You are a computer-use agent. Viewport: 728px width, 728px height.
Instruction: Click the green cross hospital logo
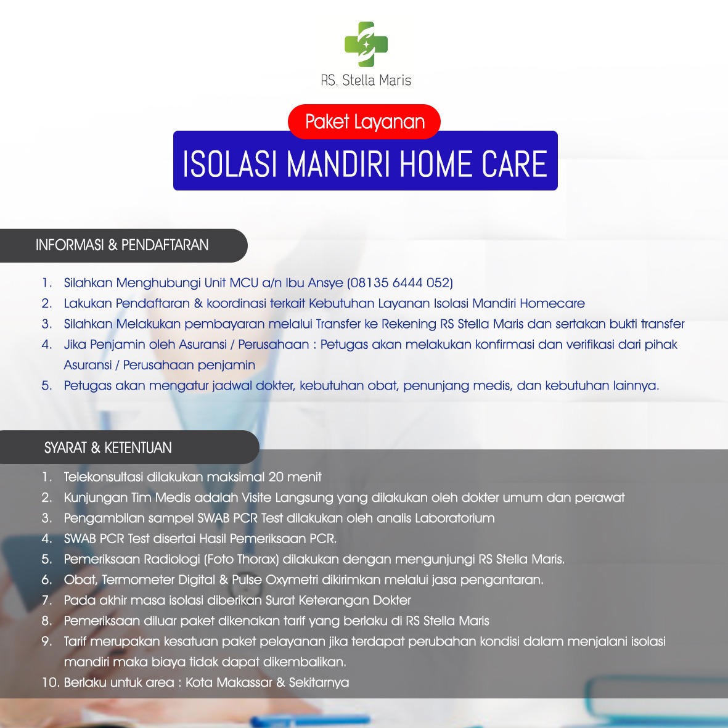[366, 44]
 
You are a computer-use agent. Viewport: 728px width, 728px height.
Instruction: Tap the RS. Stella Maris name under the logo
[366, 80]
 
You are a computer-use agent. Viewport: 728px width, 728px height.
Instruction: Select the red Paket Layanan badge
[364, 121]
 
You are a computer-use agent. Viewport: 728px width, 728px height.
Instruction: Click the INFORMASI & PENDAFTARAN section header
[122, 245]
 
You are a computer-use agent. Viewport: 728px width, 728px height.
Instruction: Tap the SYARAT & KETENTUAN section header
[108, 448]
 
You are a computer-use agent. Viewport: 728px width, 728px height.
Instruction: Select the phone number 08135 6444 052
[399, 283]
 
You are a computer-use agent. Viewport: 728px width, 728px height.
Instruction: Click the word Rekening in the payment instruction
[409, 324]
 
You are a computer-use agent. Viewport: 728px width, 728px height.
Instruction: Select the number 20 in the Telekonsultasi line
[276, 477]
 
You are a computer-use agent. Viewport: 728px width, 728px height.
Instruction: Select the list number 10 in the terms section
[51, 682]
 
